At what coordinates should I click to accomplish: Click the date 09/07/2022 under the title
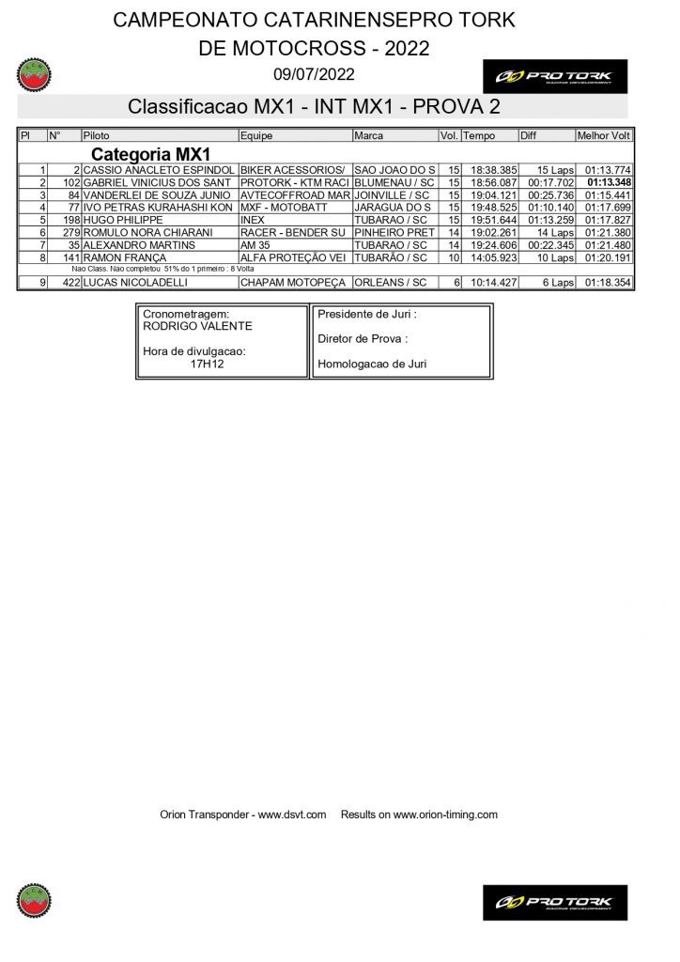coord(314,74)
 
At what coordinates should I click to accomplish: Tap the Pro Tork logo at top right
coord(554,76)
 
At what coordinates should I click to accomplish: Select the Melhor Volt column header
coord(603,136)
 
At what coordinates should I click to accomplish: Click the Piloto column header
coord(97,136)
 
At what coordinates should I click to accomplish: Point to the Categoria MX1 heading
coord(150,154)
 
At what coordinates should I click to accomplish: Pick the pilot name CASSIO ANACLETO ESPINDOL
coord(159,170)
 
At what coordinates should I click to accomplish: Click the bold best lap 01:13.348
coord(609,182)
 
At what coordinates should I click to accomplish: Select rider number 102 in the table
coord(71,182)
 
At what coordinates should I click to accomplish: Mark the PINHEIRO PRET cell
coord(394,232)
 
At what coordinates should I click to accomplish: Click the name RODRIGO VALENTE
coord(197,326)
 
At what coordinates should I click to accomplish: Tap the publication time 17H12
coord(207,364)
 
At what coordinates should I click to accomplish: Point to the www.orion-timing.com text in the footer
coord(445,815)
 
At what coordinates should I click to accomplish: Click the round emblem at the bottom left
coord(34,900)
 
